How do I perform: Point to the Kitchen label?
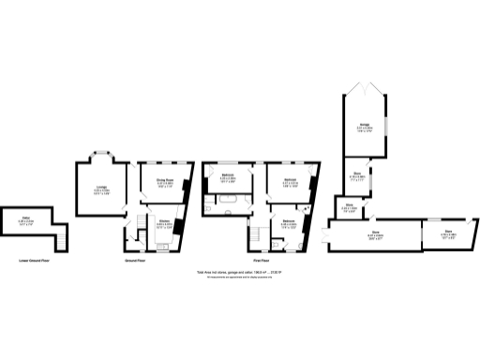pyautogui.click(x=164, y=222)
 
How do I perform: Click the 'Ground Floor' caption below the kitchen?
pyautogui.click(x=135, y=261)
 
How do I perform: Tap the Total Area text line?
pyautogui.click(x=239, y=274)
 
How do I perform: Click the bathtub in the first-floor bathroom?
pyautogui.click(x=230, y=201)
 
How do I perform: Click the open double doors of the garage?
pyautogui.click(x=364, y=92)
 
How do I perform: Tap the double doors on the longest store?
pyautogui.click(x=325, y=235)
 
